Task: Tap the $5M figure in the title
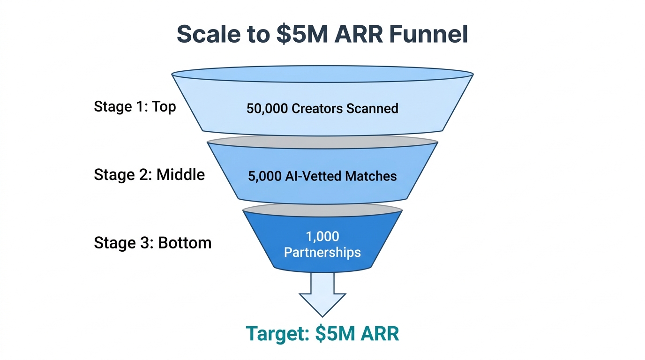pyautogui.click(x=299, y=34)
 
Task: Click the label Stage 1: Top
pyautogui.click(x=135, y=106)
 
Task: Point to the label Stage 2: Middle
pyautogui.click(x=149, y=175)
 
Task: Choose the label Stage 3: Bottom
pyautogui.click(x=152, y=243)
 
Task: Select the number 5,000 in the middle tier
pyautogui.click(x=265, y=176)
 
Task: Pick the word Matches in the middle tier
pyautogui.click(x=371, y=176)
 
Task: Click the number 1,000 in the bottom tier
pyautogui.click(x=322, y=236)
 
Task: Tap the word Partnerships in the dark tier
pyautogui.click(x=322, y=252)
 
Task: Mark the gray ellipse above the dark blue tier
pyautogui.click(x=322, y=210)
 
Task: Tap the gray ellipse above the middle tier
pyautogui.click(x=322, y=142)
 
